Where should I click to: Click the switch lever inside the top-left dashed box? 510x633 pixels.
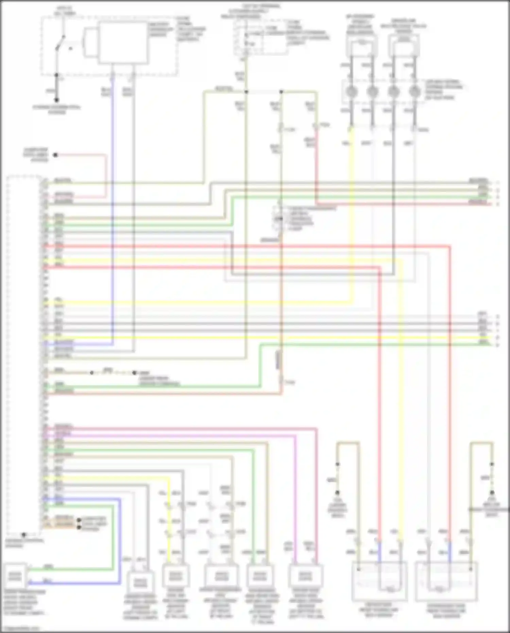click(x=61, y=43)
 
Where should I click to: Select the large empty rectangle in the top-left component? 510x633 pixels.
click(x=123, y=43)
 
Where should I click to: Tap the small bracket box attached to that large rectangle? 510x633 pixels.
click(x=90, y=43)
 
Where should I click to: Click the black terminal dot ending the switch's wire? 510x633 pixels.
click(x=57, y=100)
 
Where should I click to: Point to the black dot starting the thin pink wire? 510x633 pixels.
click(x=55, y=155)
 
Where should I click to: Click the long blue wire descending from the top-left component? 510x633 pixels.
click(x=113, y=204)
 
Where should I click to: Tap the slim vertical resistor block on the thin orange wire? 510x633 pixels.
click(x=278, y=360)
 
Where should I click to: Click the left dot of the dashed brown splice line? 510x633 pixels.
click(x=92, y=373)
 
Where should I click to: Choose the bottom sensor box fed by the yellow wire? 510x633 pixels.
click(x=175, y=576)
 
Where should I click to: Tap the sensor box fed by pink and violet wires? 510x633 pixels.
click(x=305, y=576)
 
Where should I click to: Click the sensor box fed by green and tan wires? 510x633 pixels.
click(x=260, y=576)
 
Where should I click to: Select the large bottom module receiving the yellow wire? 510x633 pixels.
click(x=379, y=581)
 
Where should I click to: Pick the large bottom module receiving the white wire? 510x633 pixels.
click(x=446, y=581)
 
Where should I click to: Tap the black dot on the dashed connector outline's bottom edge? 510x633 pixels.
click(x=24, y=535)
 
